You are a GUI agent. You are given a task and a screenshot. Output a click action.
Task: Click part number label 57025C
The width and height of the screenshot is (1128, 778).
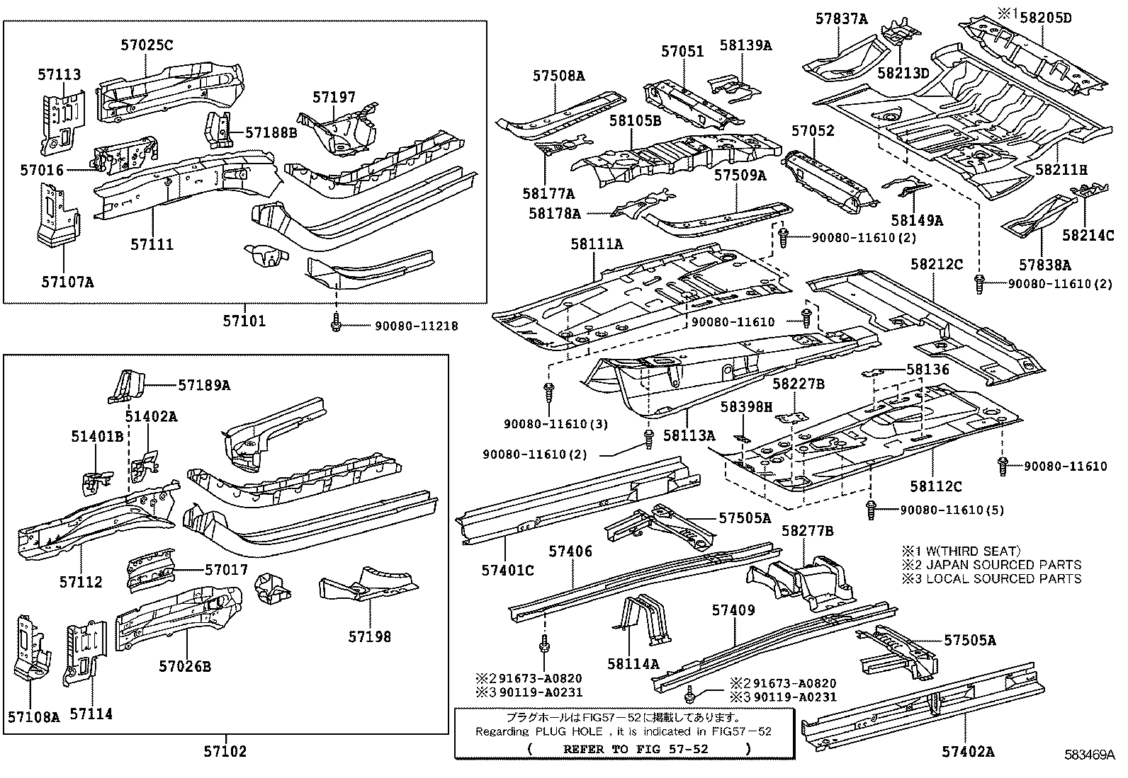147,45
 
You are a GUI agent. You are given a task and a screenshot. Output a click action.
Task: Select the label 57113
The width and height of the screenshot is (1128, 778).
60,74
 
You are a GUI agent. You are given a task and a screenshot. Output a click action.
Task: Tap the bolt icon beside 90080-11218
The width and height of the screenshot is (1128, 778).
336,325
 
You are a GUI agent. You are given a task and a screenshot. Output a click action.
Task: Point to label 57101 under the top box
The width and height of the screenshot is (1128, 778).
244,321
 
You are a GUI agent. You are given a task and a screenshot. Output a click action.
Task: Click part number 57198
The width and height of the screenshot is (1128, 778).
369,636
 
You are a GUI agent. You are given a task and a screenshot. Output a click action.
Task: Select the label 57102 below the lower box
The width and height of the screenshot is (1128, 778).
225,751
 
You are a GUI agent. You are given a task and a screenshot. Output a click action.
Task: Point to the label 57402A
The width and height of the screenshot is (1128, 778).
968,752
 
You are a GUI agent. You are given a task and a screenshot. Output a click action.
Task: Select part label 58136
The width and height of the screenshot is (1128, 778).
927,370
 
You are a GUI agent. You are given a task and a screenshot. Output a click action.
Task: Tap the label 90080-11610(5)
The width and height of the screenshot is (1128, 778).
952,510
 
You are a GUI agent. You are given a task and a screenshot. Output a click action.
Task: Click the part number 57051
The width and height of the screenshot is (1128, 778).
682,52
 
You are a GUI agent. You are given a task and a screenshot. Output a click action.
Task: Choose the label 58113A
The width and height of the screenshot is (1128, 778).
689,435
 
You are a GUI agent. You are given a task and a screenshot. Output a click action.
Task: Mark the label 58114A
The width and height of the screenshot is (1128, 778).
633,663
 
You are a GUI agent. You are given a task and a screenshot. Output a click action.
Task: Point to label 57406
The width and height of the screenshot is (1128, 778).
570,551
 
